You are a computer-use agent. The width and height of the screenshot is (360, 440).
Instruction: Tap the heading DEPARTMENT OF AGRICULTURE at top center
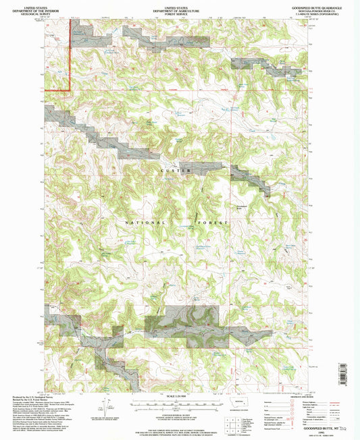(179, 8)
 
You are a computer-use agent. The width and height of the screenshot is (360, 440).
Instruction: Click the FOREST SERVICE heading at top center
(179, 11)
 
